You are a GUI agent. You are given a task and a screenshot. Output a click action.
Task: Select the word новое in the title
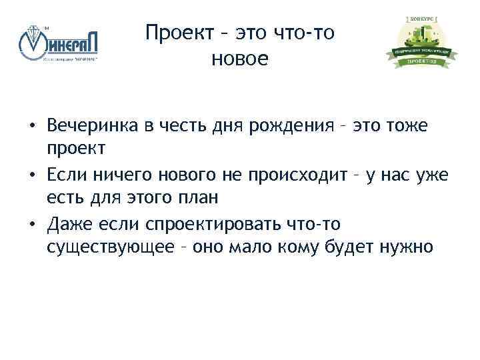click(x=239, y=59)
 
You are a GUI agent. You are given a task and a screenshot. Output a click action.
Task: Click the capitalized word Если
click(x=66, y=175)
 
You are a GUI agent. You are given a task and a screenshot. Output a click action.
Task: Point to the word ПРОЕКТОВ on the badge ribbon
click(x=421, y=61)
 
